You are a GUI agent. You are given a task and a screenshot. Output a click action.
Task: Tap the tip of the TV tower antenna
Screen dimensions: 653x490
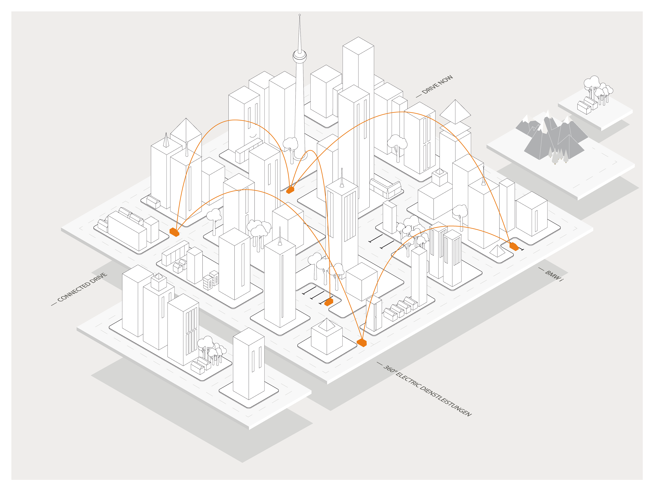point(300,15)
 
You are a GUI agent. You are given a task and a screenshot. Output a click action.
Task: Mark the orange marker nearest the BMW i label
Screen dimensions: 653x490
point(514,246)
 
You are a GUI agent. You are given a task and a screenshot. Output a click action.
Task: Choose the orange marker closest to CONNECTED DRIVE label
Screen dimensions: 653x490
point(174,232)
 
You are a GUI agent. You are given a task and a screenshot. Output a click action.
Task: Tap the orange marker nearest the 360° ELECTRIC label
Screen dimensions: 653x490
point(362,343)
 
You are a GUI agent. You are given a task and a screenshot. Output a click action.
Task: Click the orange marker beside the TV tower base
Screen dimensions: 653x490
point(290,190)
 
